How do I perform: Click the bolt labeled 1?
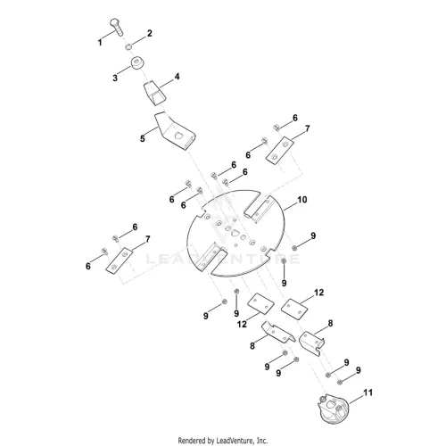[117, 28]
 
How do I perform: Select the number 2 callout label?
[150, 33]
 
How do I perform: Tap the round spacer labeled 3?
[137, 62]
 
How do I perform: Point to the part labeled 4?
[155, 93]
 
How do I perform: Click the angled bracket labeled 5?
[175, 131]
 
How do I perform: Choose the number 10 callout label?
[302, 200]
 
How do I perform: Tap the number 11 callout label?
[368, 392]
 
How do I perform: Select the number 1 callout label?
[100, 43]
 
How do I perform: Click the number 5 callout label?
[143, 138]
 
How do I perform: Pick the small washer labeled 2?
[128, 46]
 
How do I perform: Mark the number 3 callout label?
[115, 78]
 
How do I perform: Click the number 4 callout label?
[177, 77]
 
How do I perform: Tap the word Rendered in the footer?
[192, 440]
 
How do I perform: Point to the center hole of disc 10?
[235, 233]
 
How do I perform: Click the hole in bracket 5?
[178, 136]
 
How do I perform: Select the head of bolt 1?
[115, 22]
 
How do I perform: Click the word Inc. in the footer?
[262, 440]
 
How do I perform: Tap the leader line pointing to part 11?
[356, 400]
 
